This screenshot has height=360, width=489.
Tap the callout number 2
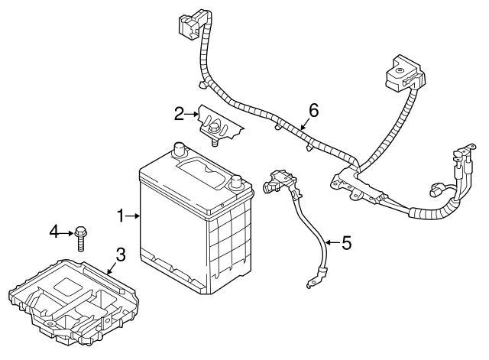(180, 115)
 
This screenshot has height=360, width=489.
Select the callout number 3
(121, 255)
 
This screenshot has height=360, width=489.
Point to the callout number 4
(54, 230)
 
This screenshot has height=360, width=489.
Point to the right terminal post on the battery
(237, 183)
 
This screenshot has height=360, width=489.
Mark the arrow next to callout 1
(134, 217)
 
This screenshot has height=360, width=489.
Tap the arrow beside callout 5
(332, 243)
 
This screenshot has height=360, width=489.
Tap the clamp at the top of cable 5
(279, 183)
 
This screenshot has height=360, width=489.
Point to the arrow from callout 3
(112, 268)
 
